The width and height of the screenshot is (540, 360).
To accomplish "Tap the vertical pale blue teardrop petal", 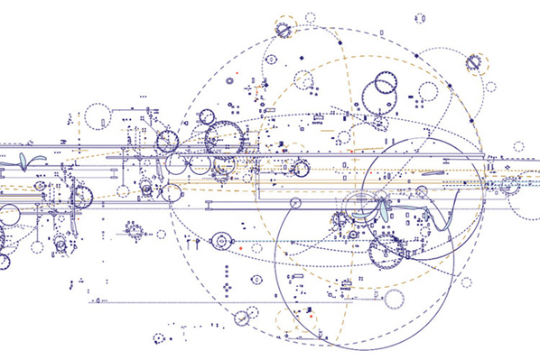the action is (x=387, y=210).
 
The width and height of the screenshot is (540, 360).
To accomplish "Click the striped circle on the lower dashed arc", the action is (x=241, y=318).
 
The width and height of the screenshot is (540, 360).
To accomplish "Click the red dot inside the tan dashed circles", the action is (x=310, y=317).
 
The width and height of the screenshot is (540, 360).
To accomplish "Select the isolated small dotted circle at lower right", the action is (x=466, y=282).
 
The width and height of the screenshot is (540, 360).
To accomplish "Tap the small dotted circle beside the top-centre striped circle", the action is (x=311, y=17).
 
